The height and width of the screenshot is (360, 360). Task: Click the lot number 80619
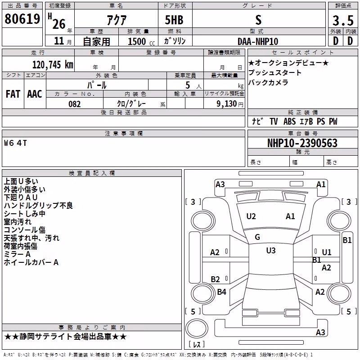tap(22, 18)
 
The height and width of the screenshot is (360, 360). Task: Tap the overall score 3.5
tap(343, 20)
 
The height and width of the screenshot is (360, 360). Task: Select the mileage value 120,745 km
tap(53, 65)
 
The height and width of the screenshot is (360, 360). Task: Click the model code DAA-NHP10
tap(258, 41)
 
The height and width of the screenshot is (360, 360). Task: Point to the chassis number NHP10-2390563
tap(302, 143)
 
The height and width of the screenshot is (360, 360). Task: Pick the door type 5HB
tap(174, 20)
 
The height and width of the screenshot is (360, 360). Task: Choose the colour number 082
tap(75, 104)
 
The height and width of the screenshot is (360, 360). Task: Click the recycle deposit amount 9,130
tap(227, 104)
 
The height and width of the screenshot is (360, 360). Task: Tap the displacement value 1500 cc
tap(141, 41)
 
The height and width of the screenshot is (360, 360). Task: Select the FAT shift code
tap(13, 94)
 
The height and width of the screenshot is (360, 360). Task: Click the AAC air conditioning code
tap(35, 94)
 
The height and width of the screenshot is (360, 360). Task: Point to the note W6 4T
tap(15, 143)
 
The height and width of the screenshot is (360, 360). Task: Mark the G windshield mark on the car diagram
tap(257, 237)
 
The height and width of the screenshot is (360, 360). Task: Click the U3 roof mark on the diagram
tap(271, 251)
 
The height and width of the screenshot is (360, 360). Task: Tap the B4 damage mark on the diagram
tap(221, 292)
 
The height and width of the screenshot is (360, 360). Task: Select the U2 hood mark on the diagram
tap(251, 216)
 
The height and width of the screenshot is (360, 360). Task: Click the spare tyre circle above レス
tap(197, 328)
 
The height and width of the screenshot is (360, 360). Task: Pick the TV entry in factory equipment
tap(274, 121)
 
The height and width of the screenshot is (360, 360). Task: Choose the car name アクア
tap(117, 20)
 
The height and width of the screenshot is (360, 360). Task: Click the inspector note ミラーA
tap(17, 254)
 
